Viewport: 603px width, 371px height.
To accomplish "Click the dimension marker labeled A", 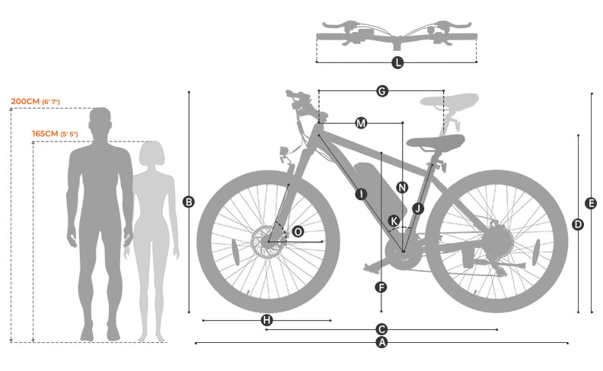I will (x=382, y=343).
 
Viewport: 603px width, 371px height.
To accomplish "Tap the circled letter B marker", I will (x=189, y=201).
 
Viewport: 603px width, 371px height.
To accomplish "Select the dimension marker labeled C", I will (x=382, y=329).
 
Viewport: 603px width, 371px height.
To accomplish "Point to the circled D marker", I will (x=578, y=224).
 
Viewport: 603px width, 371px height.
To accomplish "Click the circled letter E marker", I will (x=591, y=203).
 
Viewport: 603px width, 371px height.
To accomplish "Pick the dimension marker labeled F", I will (x=381, y=287).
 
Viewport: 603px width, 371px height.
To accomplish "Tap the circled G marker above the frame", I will (x=382, y=91).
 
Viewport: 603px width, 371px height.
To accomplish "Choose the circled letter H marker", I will (x=266, y=320).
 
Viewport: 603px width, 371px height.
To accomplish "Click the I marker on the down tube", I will (x=361, y=194).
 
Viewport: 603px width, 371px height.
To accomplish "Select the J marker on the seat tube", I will (x=416, y=208).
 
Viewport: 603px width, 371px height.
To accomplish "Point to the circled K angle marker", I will (x=394, y=221).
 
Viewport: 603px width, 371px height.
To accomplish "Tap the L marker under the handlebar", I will (x=397, y=62).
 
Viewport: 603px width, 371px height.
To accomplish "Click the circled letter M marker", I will (x=361, y=122).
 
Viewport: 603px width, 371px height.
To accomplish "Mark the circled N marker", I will (x=402, y=187).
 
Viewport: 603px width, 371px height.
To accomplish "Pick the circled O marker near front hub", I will (x=298, y=231).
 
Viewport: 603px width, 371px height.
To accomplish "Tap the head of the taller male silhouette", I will (x=100, y=122).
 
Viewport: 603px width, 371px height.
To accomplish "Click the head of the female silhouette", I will (x=152, y=154).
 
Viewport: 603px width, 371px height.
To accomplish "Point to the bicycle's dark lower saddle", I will (x=435, y=141).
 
